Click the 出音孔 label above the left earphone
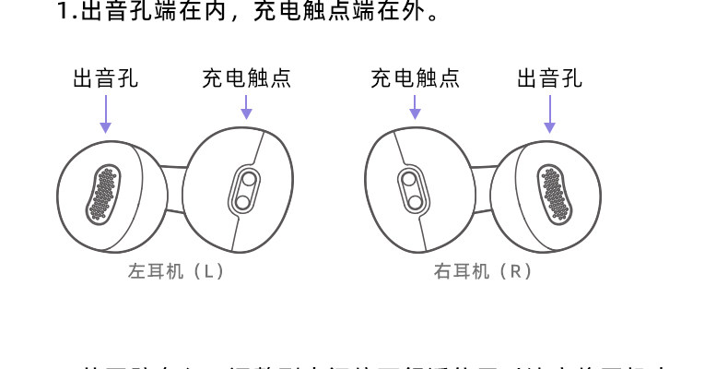click(x=106, y=78)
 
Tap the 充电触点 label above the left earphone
click(x=246, y=78)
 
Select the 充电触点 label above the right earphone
click(x=415, y=78)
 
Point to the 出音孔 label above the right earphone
click(x=550, y=78)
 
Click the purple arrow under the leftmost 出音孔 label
click(x=106, y=113)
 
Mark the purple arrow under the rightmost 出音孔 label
click(x=550, y=113)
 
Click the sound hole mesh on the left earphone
click(x=104, y=195)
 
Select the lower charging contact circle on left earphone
click(x=242, y=200)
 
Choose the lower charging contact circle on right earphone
click(x=415, y=200)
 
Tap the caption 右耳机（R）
click(x=483, y=271)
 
